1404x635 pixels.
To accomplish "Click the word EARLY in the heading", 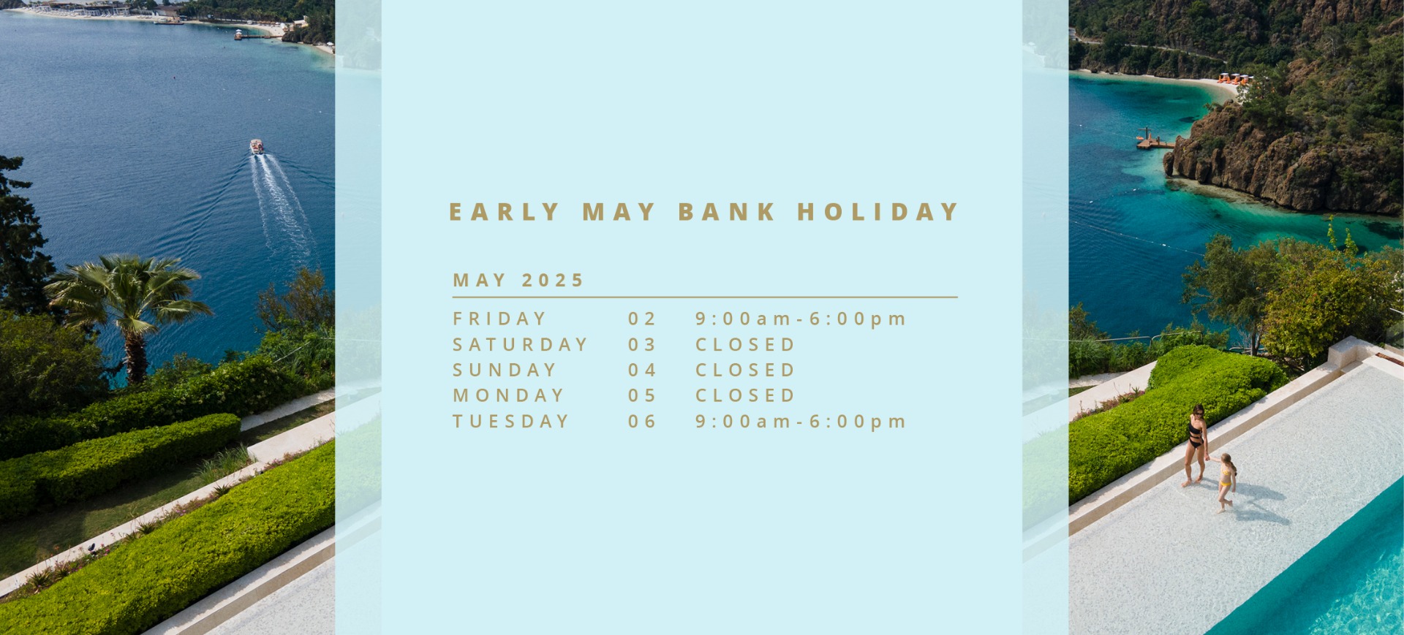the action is coord(504,212).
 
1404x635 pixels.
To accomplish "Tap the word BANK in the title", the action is coord(727,212).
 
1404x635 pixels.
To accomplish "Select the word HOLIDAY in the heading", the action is coord(877,212).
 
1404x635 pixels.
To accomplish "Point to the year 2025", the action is coord(553,281).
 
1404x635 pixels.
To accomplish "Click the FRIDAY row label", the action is coord(499,319).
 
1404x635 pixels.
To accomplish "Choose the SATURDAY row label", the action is coord(520,344).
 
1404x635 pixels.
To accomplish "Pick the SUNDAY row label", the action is coord(505,370).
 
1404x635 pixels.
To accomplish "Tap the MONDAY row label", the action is coord(508,395).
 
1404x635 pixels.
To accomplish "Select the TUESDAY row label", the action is coord(510,421).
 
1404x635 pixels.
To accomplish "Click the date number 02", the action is coord(642,319).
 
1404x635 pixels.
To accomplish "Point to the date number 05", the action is coord(642,395).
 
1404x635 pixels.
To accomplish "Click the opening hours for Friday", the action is coord(801,319).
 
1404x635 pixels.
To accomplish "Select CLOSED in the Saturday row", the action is coord(745,344).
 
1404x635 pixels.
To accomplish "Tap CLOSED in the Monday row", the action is coord(745,395).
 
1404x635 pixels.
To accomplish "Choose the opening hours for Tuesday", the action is coord(801,422).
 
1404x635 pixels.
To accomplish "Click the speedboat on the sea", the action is coord(257,147).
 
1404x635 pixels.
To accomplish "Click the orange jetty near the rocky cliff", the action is coord(1154,140).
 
